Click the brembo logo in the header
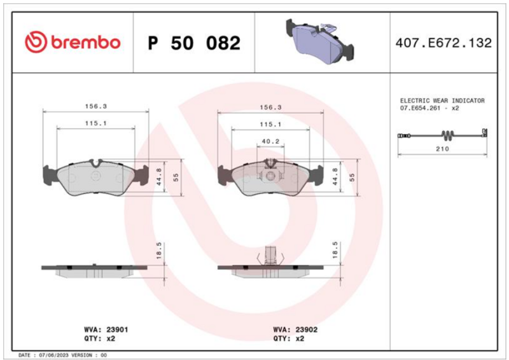point(73,42)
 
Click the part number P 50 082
point(194,43)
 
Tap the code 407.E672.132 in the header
point(443,43)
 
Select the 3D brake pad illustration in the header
point(320,41)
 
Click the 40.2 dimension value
point(270,142)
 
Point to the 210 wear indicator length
point(442,149)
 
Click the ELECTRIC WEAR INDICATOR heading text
point(442,100)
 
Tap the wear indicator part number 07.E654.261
point(420,108)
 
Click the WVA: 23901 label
point(106,329)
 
